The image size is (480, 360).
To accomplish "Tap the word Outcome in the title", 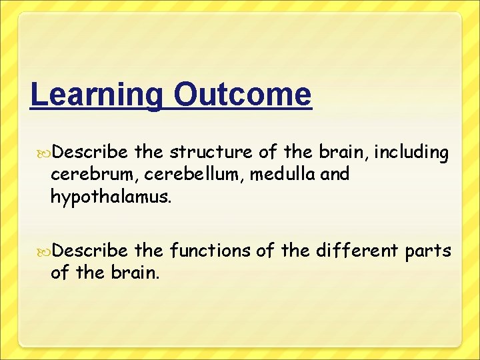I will [241, 95].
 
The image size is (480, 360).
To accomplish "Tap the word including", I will [411, 153].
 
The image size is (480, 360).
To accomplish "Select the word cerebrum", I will [81, 175].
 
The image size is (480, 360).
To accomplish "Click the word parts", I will [427, 251].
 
